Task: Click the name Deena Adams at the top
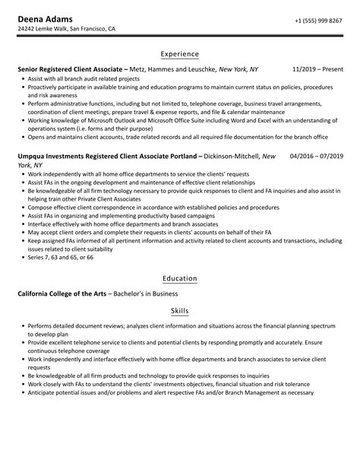[41, 18]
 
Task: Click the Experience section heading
[180, 54]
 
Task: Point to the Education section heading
[180, 278]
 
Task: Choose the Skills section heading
[180, 311]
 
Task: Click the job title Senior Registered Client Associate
[68, 68]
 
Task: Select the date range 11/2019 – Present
[317, 68]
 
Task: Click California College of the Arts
[61, 293]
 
